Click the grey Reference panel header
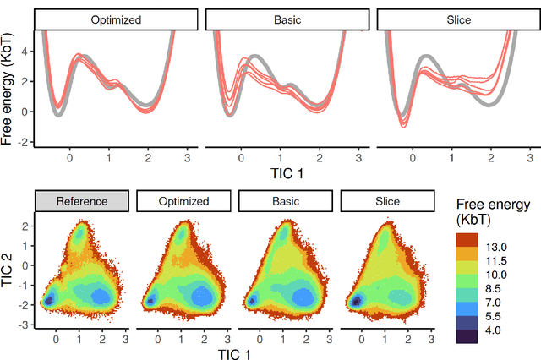(x=82, y=201)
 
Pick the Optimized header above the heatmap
(x=183, y=201)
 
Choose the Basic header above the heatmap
(x=286, y=201)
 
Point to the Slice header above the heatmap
(x=387, y=201)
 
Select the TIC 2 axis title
(x=8, y=271)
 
